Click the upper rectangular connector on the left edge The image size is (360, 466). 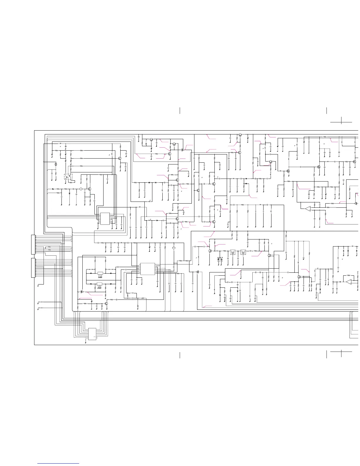pos(33,244)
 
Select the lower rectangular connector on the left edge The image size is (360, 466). pos(33,267)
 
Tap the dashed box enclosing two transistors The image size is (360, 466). pos(68,177)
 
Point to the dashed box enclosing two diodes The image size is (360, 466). pos(220,259)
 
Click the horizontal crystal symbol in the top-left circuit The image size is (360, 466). pos(80,189)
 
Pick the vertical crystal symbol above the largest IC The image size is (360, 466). pos(174,248)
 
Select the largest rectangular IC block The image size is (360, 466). pos(148,269)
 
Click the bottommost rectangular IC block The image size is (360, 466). pos(92,334)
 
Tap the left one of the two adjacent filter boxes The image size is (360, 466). pos(233,252)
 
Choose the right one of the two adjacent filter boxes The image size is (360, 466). pos(243,252)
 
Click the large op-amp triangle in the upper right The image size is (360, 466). pos(307,209)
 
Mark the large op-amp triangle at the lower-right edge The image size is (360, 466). pos(349,282)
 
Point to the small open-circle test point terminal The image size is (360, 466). pos(343,180)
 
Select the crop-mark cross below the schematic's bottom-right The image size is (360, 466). pos(341,352)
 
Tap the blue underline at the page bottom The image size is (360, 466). pos(59,463)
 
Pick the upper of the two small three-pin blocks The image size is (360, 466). pos(100,273)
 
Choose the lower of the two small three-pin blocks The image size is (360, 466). pos(99,284)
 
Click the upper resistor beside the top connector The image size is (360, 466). pos(49,247)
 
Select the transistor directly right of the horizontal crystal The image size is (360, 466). pos(89,189)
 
